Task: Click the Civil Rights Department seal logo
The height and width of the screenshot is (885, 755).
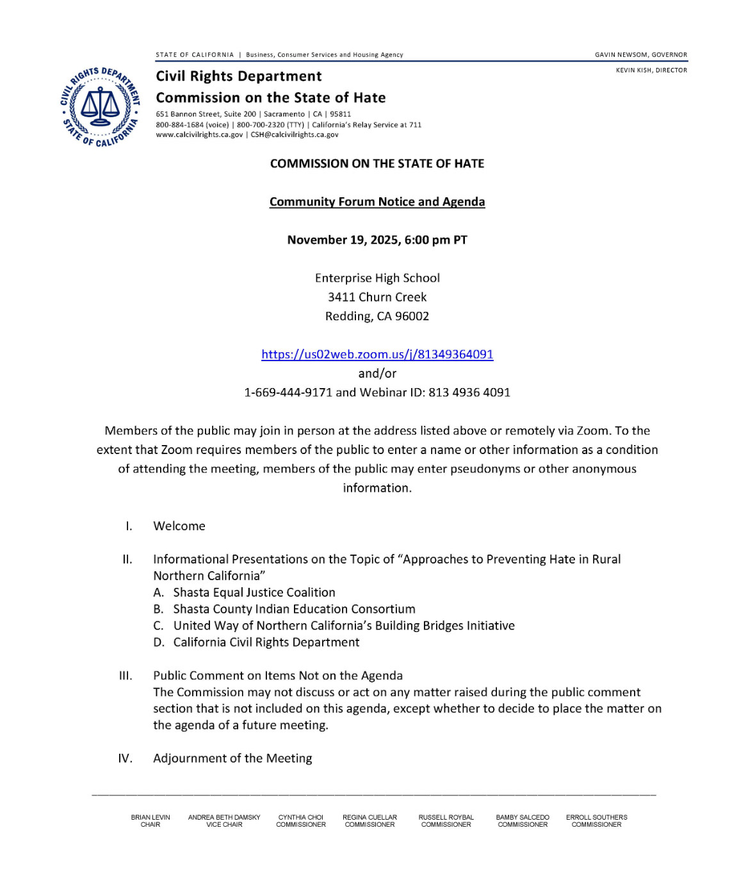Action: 101,107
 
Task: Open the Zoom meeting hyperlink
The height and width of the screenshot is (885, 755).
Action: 377,354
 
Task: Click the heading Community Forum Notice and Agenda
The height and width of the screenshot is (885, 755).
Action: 377,202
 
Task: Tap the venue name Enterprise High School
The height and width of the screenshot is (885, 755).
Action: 377,278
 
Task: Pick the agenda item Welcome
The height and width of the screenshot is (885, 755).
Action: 179,526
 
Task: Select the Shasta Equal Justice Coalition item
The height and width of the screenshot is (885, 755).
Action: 254,592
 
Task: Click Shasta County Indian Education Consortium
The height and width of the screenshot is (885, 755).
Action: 294,609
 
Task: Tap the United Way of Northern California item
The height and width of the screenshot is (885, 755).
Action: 344,626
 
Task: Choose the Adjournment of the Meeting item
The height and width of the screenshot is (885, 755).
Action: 232,758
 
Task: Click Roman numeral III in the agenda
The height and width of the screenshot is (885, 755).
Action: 126,676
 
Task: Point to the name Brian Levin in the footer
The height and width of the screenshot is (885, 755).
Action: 150,817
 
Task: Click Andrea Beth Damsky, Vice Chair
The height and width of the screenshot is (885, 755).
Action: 224,820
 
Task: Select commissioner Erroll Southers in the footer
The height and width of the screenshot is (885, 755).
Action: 596,817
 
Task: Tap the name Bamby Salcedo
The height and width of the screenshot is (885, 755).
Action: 523,817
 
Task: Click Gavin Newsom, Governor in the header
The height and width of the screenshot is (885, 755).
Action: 640,55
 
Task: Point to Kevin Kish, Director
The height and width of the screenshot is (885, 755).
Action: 651,70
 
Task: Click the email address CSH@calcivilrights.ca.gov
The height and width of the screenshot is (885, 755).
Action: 295,134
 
